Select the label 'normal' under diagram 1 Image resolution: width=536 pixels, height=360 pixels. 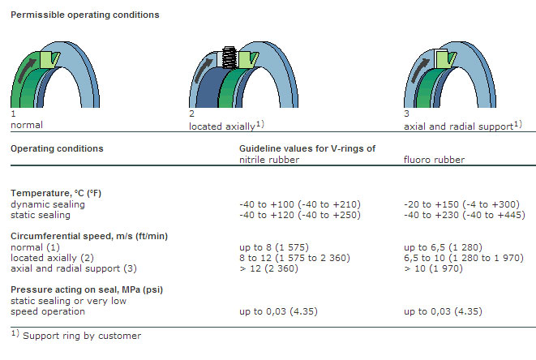(x=26, y=126)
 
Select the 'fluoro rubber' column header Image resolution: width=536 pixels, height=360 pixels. (x=434, y=160)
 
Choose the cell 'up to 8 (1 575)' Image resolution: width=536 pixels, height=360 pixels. (x=272, y=246)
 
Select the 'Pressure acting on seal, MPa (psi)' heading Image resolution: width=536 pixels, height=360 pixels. (x=84, y=288)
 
